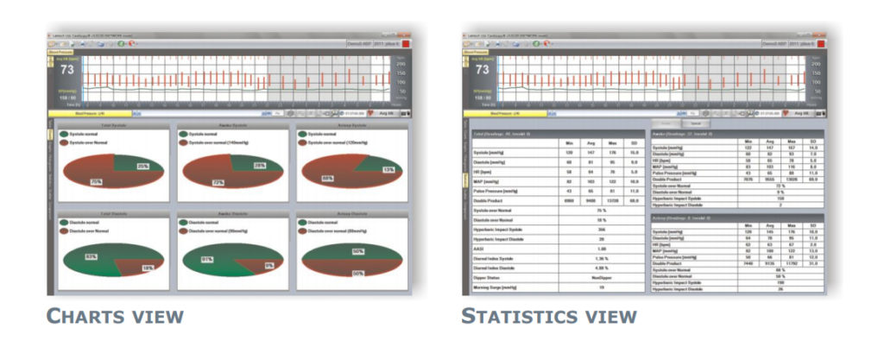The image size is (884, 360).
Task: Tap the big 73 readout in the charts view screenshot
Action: [66, 68]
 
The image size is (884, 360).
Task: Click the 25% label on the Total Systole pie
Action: [143, 166]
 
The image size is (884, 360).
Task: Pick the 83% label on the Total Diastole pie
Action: [91, 256]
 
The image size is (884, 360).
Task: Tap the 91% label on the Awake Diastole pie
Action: [206, 259]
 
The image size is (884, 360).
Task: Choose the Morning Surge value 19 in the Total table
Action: [599, 287]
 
